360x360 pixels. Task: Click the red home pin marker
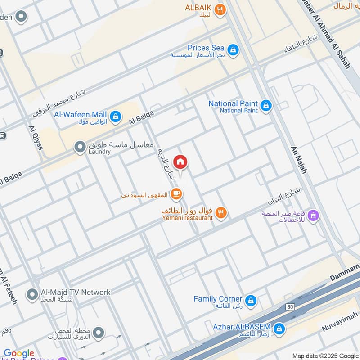click(180, 162)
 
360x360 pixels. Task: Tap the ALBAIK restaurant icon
click(220, 10)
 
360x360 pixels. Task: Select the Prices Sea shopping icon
click(233, 49)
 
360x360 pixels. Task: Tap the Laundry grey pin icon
click(80, 147)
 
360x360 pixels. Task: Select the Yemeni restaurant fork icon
click(220, 213)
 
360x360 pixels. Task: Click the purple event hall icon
click(314, 216)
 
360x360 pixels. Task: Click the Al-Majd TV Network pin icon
click(31, 295)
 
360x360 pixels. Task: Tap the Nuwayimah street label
click(340, 321)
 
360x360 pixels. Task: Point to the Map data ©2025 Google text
click(325, 355)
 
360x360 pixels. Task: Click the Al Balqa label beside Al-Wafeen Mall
click(141, 118)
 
